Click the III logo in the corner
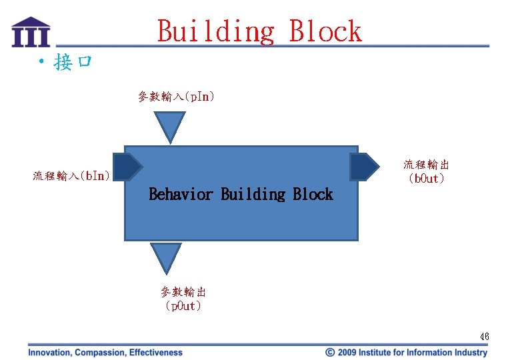coord(31,31)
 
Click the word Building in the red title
coord(215,31)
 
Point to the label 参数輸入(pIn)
coord(176,97)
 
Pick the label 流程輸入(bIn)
coord(72,176)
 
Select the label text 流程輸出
coord(426,165)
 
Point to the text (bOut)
coord(426,179)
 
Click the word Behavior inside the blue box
coord(181,195)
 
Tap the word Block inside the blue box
coord(313,195)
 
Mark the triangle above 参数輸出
coord(166,257)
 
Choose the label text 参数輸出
coord(183,292)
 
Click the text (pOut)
coord(183,306)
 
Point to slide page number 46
coord(485,337)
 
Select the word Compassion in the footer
coord(101,353)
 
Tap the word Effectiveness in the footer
coord(155,353)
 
